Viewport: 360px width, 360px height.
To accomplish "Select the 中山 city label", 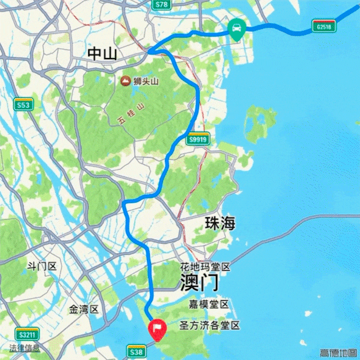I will coord(102,55).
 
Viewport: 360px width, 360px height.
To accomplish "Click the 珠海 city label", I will coord(220,224).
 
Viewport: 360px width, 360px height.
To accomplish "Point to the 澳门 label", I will coord(199,283).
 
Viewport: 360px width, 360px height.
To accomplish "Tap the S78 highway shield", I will coord(162,5).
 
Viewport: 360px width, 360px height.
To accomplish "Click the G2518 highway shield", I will coord(324,27).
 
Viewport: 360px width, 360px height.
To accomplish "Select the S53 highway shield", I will coord(23,105).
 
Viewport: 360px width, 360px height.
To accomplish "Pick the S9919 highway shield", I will coord(197,140).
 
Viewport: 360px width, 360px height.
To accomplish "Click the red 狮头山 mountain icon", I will coord(125,82).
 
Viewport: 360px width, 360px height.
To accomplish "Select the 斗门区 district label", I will coord(42,267).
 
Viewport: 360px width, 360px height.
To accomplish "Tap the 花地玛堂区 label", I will coord(205,268).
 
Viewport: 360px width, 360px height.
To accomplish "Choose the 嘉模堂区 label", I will coord(210,305).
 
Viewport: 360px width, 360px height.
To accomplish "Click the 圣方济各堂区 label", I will coord(210,326).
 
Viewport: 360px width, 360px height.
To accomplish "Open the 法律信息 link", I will coord(24,348).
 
